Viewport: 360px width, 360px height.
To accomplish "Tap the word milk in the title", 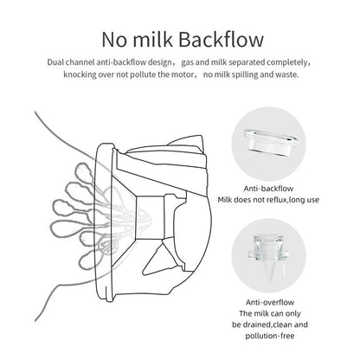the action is click(153, 39).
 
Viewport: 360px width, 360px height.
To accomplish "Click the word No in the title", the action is click(114, 40).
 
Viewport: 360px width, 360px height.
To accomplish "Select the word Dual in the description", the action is click(56, 62).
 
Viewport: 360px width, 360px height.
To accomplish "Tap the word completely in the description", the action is click(287, 62).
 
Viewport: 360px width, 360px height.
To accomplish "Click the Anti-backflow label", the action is click(268, 189).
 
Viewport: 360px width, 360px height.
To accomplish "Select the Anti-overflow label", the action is click(270, 302).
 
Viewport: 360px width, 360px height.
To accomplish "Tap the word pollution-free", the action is click(270, 336).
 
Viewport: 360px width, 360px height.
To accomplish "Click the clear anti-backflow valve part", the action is click(270, 144).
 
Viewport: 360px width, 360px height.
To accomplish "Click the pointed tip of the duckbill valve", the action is click(270, 282).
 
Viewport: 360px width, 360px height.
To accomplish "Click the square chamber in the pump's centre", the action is click(149, 217).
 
